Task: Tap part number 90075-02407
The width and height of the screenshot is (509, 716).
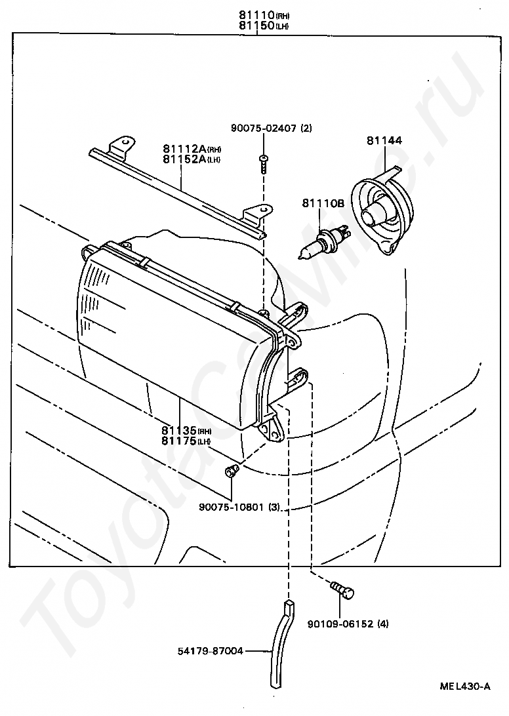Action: tap(262, 129)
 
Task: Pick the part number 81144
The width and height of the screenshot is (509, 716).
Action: tap(384, 140)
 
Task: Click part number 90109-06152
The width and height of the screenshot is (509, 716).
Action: tap(338, 624)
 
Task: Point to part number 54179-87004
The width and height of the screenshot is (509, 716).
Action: tap(211, 651)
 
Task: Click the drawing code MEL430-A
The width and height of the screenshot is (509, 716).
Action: tap(465, 686)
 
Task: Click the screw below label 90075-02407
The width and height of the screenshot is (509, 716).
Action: tap(262, 163)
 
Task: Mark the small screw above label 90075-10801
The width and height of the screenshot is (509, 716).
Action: tap(231, 469)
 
